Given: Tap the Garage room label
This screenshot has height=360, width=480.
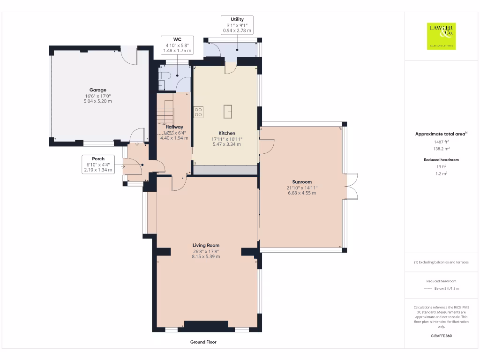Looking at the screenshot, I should tap(98, 90).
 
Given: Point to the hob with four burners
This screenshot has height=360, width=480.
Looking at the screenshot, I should tap(198, 112).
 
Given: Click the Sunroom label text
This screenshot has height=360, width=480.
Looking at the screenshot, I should tap(301, 182).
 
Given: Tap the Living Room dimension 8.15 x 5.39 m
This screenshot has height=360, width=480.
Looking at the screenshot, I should tap(206, 256).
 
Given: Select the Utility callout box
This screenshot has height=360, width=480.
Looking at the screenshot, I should tap(237, 25).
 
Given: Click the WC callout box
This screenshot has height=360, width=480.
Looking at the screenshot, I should tap(177, 45).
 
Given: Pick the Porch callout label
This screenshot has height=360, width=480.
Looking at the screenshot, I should tap(98, 165).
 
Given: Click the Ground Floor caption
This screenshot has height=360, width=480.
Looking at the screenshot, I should tap(203, 342).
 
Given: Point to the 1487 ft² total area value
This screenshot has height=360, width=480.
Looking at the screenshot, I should tap(441, 142).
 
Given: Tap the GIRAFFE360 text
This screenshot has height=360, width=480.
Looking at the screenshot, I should tap(441, 336).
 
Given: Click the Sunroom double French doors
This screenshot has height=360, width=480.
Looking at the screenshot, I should tap(352, 187).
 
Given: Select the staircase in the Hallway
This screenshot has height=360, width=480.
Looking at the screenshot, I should tap(165, 115).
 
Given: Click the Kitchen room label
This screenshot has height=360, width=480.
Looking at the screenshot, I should tap(226, 133).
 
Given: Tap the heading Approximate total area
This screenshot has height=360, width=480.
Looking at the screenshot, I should tap(440, 134).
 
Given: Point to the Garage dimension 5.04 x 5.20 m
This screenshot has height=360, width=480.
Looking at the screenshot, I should tap(98, 101).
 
